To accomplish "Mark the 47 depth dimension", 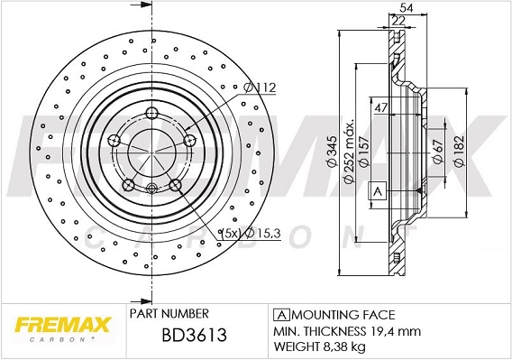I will [x=381, y=108].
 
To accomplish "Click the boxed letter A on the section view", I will [x=378, y=191].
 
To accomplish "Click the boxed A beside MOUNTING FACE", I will [x=280, y=314].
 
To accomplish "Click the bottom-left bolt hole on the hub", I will [x=128, y=185].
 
